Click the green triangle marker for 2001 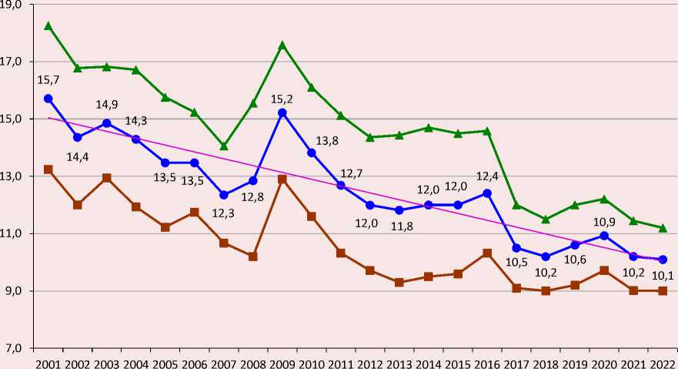[x=48, y=26]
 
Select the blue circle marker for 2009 [x=282, y=112]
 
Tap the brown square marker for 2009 [x=282, y=179]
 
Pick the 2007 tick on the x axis [x=223, y=361]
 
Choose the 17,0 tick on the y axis [x=16, y=62]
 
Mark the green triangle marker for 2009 [x=282, y=45]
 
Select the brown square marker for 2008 [x=252, y=256]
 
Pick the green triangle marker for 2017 [x=516, y=205]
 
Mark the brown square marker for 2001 [x=48, y=169]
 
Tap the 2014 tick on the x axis [x=429, y=361]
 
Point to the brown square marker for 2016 [x=487, y=253]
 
